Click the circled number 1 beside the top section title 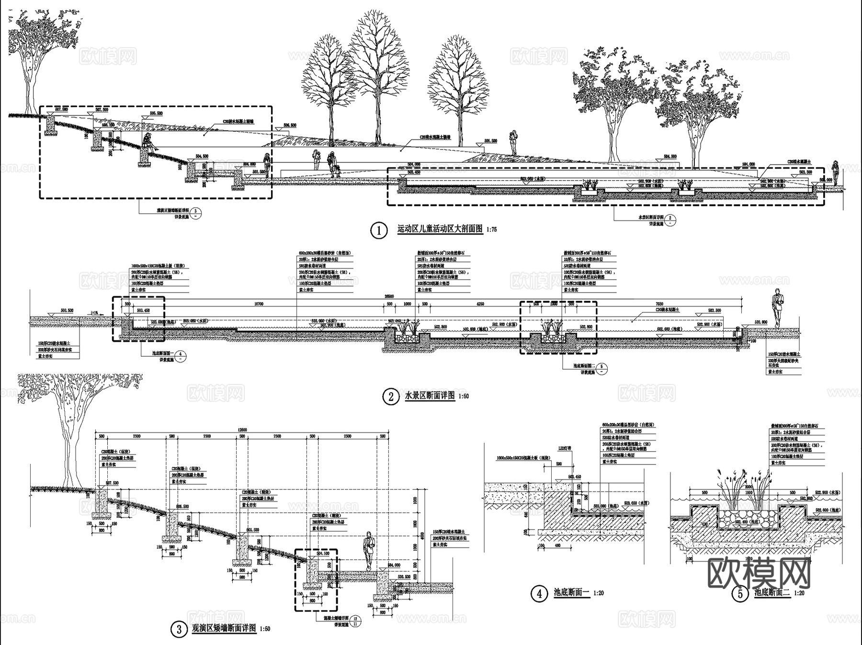pos(379,230)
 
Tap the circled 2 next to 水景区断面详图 pos(391,397)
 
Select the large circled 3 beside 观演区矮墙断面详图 pos(179,629)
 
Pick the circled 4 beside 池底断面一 pos(539,594)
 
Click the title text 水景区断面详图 pos(430,396)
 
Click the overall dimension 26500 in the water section pos(390,296)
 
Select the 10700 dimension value pos(259,304)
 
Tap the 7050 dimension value pos(659,304)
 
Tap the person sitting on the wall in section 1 pos(148,143)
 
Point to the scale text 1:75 pos(491,230)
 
